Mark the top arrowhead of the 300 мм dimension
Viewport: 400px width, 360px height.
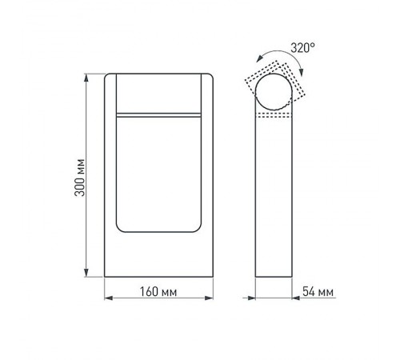pyautogui.click(x=86, y=78)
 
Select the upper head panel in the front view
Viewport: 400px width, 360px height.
pyautogui.click(x=157, y=94)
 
